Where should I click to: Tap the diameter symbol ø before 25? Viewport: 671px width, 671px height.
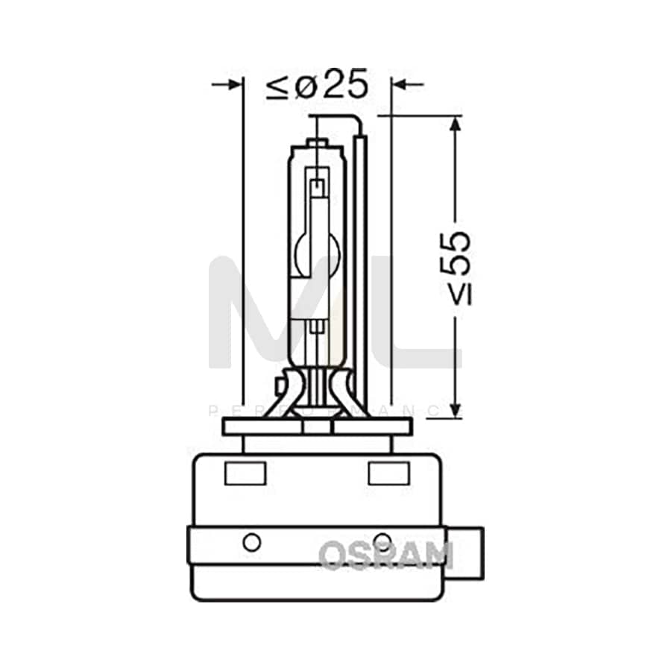tap(306, 86)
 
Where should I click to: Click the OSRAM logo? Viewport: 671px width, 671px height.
tap(386, 555)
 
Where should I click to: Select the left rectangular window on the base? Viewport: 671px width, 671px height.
tap(245, 473)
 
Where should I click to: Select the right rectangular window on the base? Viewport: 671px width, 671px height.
tap(388, 473)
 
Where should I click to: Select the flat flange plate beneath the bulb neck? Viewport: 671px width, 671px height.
tap(317, 426)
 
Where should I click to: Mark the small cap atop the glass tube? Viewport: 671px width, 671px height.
tap(318, 142)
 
